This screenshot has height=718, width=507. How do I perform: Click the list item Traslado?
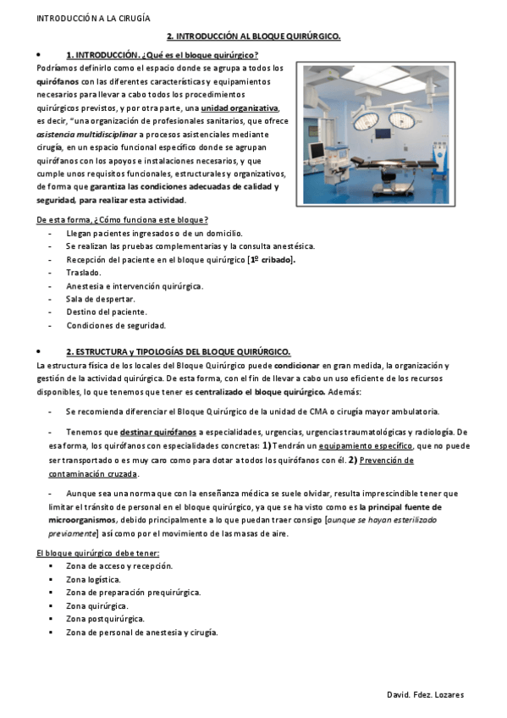[83, 273]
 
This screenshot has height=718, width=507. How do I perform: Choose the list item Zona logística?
[93, 580]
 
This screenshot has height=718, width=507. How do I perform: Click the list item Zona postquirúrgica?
[103, 619]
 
